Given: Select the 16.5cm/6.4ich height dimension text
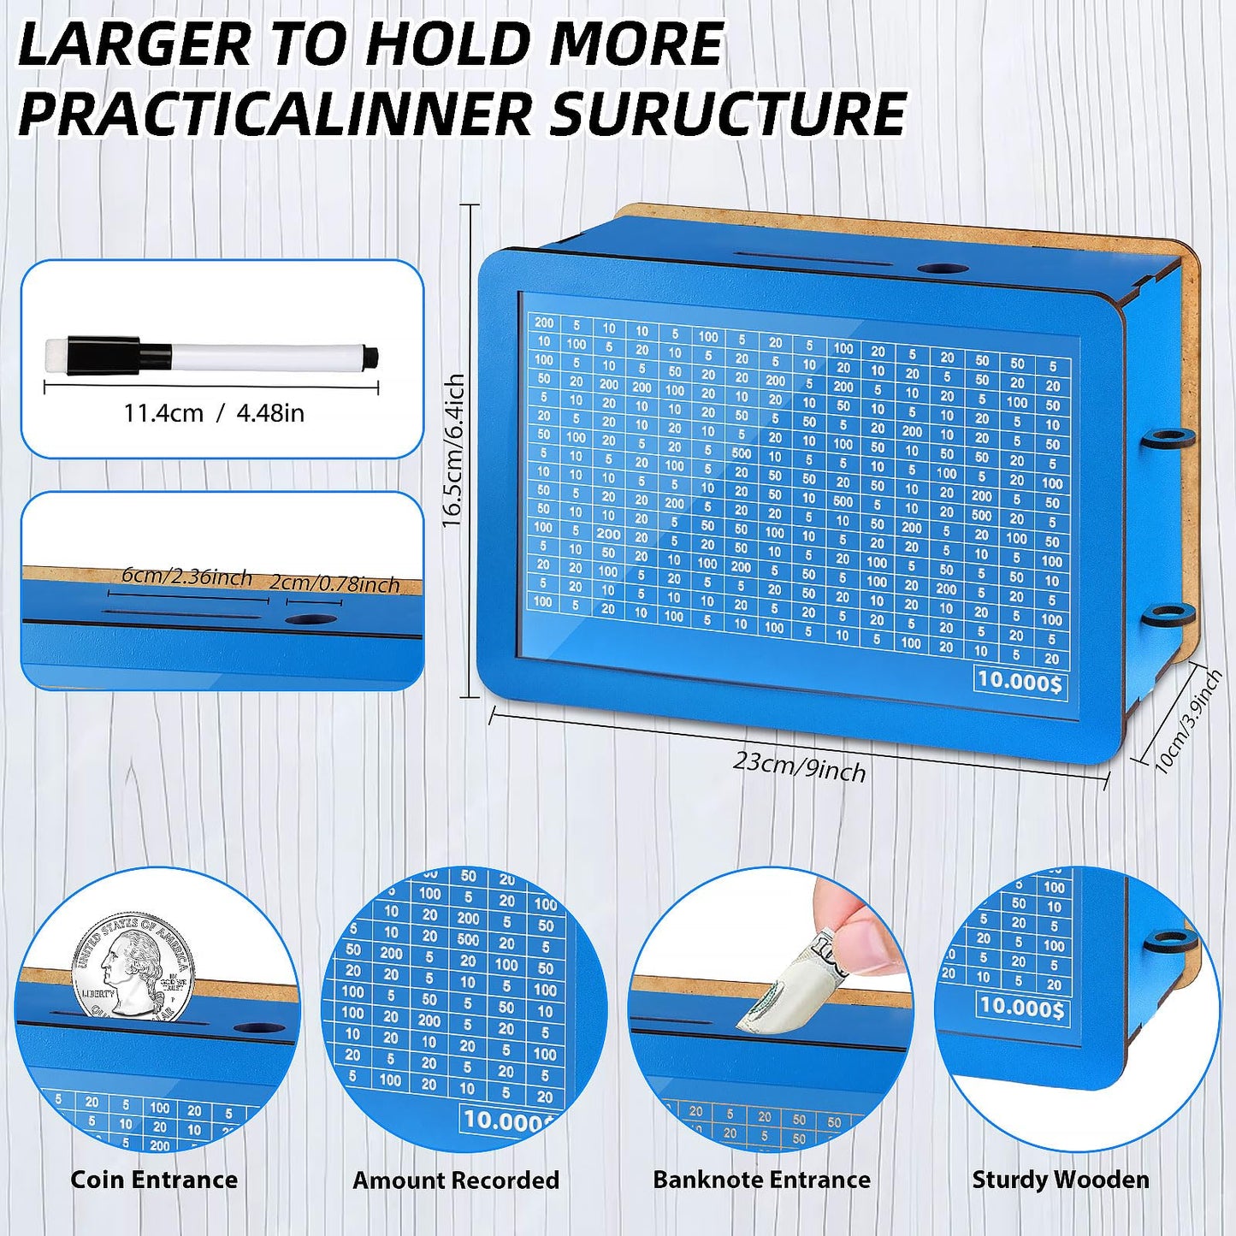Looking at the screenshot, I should pyautogui.click(x=453, y=450).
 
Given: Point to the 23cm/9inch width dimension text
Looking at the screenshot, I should pyautogui.click(x=799, y=766).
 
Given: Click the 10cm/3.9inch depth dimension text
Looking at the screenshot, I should pyautogui.click(x=1188, y=722).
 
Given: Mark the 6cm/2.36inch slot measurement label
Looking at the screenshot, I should pyautogui.click(x=186, y=576).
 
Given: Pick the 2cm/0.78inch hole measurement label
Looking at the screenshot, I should pyautogui.click(x=334, y=583).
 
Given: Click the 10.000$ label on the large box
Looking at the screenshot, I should pyautogui.click(x=1020, y=681).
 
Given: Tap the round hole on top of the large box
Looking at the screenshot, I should pyautogui.click(x=942, y=269).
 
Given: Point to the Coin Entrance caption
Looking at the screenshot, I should pyautogui.click(x=154, y=1180).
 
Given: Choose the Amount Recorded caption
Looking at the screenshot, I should pyautogui.click(x=456, y=1180).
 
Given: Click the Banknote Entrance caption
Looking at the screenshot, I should pyautogui.click(x=761, y=1180).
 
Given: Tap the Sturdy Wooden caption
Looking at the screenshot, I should pyautogui.click(x=1061, y=1180).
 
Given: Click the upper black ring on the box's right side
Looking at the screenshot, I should pyautogui.click(x=1168, y=439).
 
